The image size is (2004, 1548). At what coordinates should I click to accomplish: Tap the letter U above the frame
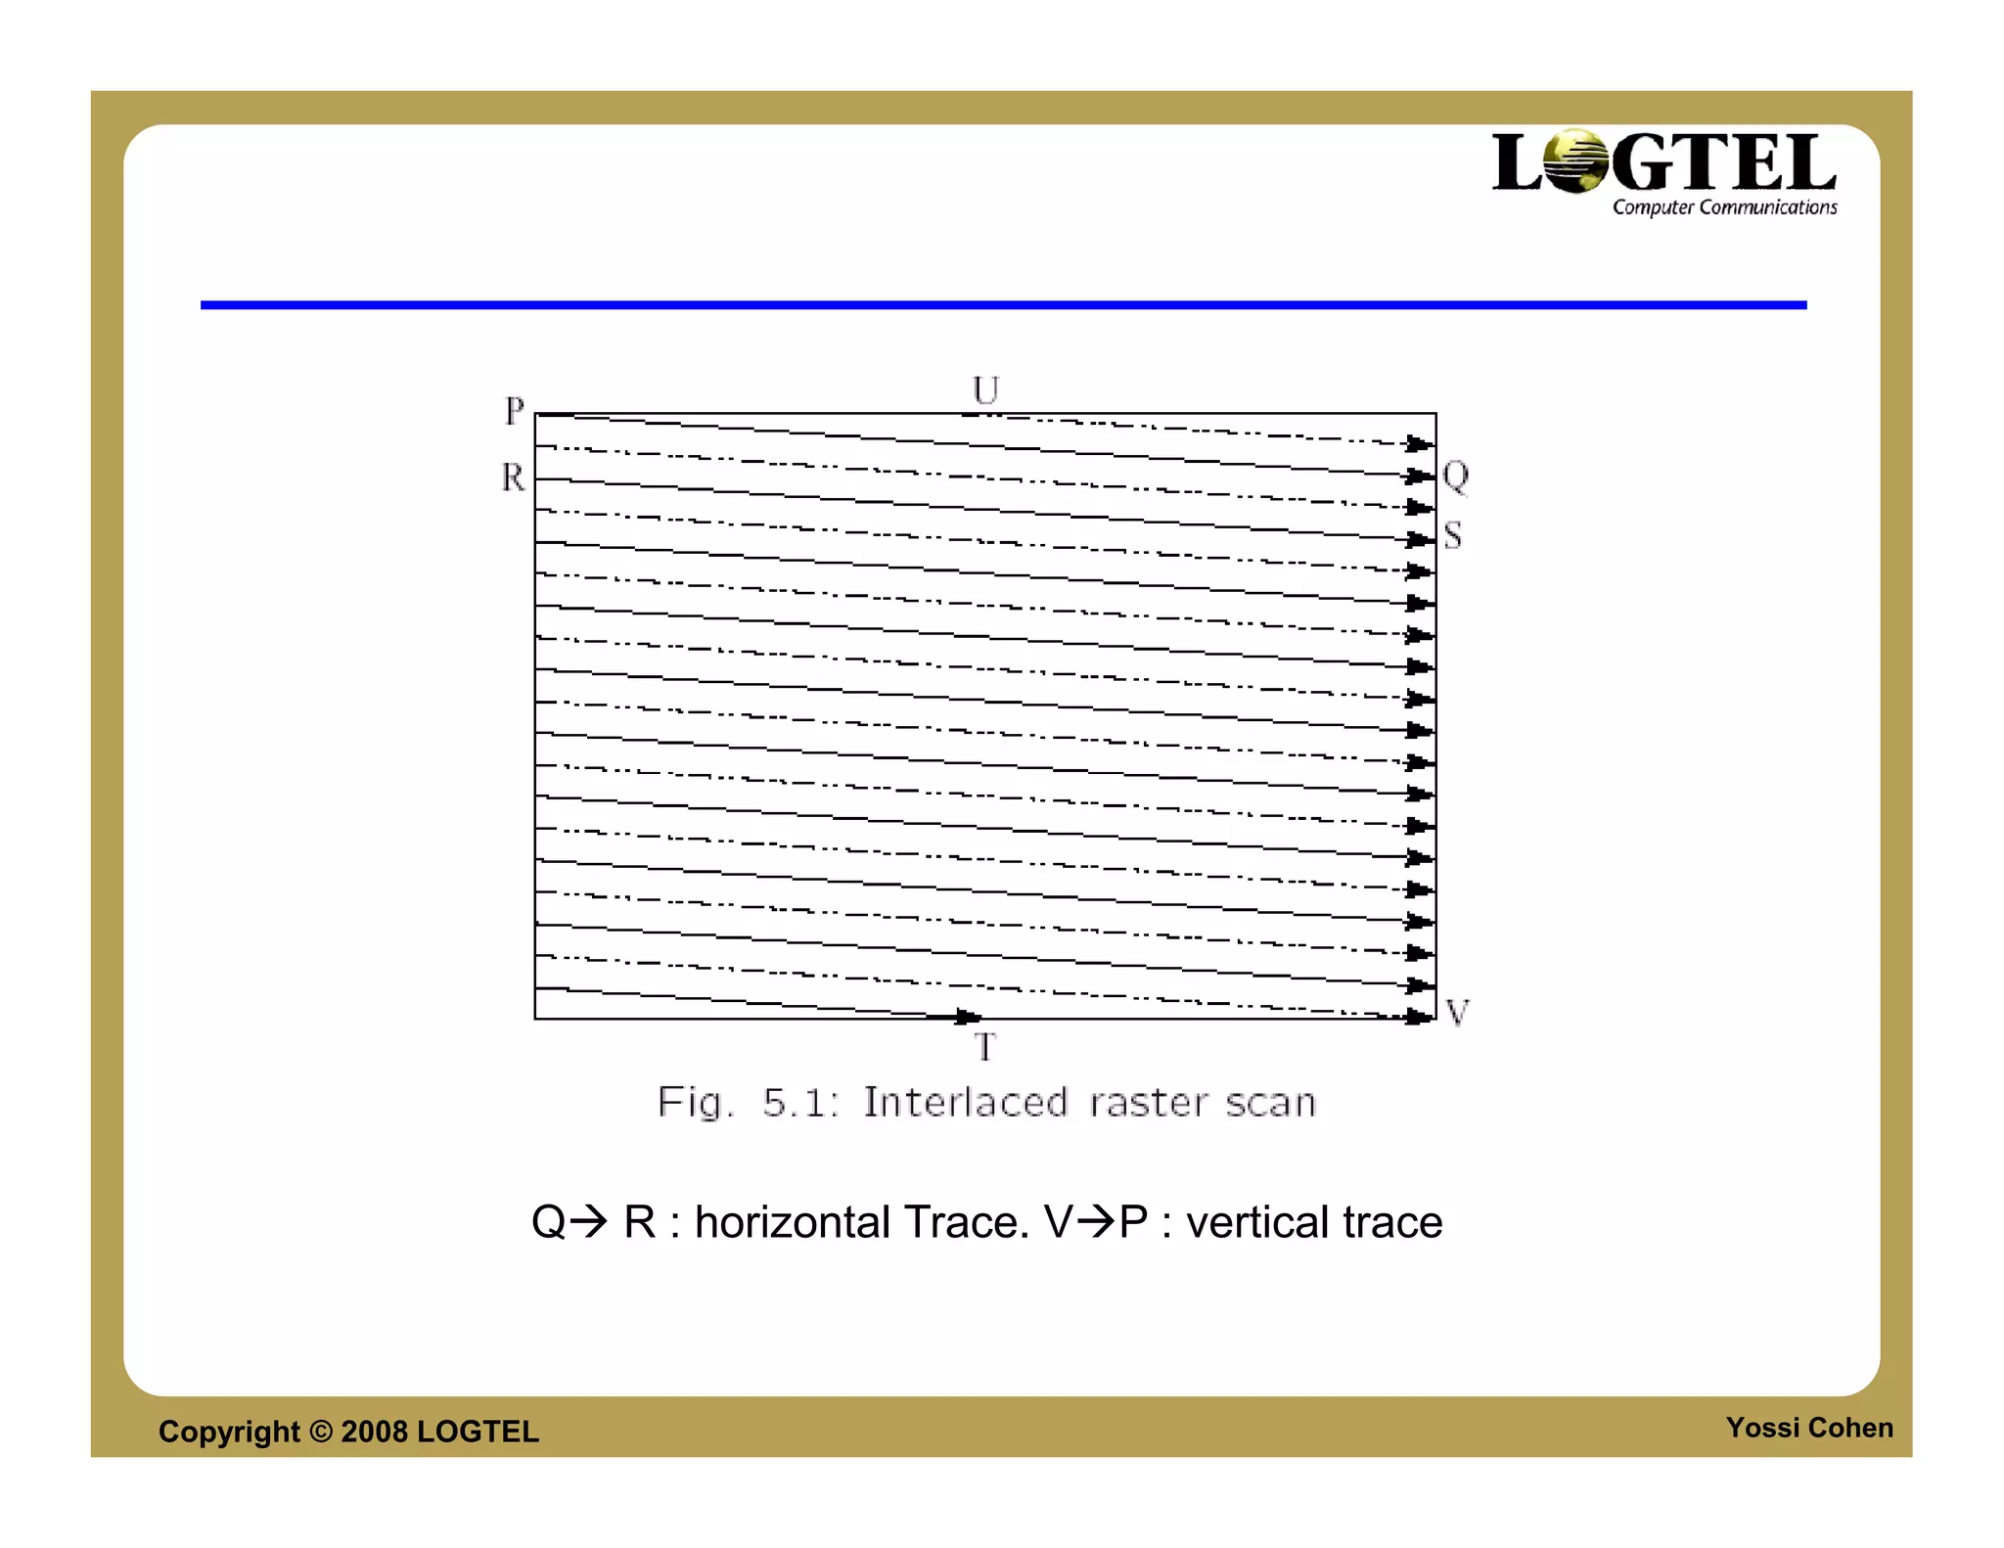coord(985,390)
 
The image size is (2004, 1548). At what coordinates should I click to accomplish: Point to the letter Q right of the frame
coord(1455,477)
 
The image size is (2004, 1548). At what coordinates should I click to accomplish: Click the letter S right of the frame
coord(1453,535)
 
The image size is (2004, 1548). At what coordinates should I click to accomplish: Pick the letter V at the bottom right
coord(1457,1012)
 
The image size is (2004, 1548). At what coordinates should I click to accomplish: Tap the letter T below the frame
coord(984,1047)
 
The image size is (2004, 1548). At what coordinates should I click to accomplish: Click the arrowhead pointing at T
coord(967,1018)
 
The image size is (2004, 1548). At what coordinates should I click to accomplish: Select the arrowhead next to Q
coord(1419,477)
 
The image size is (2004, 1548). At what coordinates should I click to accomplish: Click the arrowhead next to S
coord(1419,540)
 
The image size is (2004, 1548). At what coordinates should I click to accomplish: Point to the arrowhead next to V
coord(1419,1017)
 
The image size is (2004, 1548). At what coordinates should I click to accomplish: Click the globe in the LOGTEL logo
coord(1576,161)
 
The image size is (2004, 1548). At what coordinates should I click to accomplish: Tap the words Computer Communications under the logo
coord(1724,207)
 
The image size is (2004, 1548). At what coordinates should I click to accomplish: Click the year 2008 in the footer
coord(374,1432)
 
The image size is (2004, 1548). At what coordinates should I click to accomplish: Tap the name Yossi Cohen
coord(1809,1428)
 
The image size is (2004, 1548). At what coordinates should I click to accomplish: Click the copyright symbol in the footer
coord(321,1432)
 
